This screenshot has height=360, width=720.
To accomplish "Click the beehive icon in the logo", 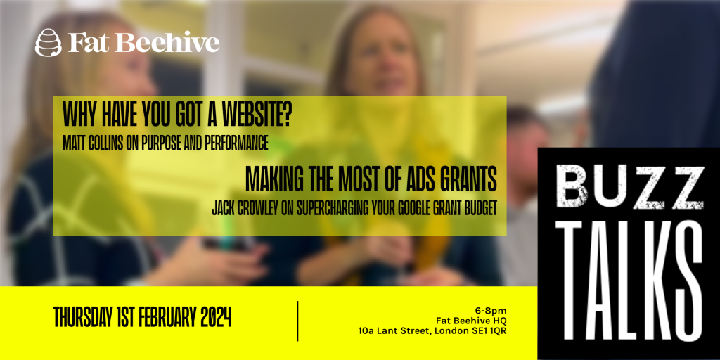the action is click(49, 42).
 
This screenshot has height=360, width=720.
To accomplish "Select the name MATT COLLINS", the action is click(93, 143).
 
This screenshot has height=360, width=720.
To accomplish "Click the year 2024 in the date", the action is click(215, 317).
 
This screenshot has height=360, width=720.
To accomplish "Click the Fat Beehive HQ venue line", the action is click(472, 321).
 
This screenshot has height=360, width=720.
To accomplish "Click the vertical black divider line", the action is click(297, 321).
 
